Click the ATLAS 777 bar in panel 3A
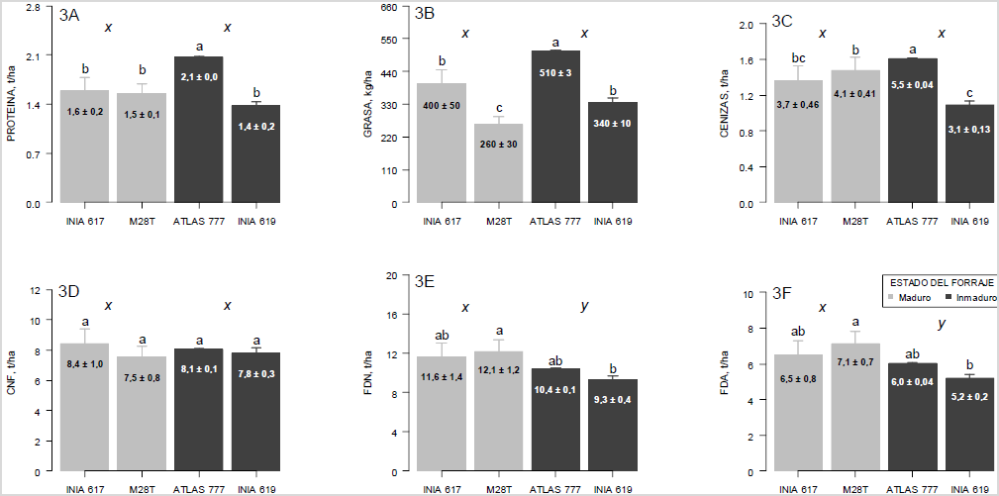(199, 130)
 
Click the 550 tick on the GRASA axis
(389, 40)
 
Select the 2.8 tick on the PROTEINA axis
(33, 7)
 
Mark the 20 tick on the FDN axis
(391, 274)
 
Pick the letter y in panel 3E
(584, 307)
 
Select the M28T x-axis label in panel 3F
(853, 487)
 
